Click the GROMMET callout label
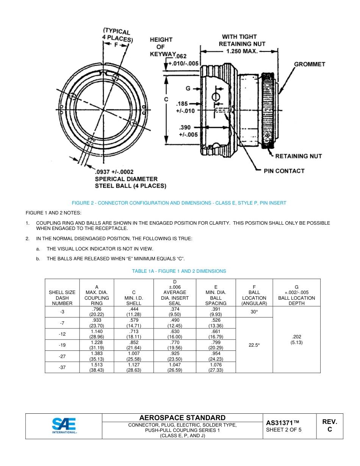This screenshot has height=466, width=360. tap(310, 64)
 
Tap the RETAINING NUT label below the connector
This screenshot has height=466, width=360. tap(298, 156)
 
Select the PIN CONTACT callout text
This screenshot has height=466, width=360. tap(284, 171)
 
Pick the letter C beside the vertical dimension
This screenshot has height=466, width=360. tap(166, 99)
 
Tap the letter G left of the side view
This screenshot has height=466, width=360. tap(188, 88)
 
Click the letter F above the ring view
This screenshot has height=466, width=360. tap(116, 44)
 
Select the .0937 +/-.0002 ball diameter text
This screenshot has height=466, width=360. tap(114, 172)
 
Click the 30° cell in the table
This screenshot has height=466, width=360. tap(254, 312)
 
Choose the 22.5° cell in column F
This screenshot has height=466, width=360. tap(254, 345)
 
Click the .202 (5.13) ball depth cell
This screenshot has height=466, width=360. tap(296, 339)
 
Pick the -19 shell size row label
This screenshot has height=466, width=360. tap(62, 345)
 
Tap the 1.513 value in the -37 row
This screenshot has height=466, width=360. tap(97, 365)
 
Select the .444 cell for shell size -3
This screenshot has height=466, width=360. tap(134, 309)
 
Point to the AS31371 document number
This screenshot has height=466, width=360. tap(283, 422)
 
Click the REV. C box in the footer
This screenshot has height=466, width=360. tap(329, 426)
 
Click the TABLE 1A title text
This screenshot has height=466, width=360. tap(179, 271)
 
